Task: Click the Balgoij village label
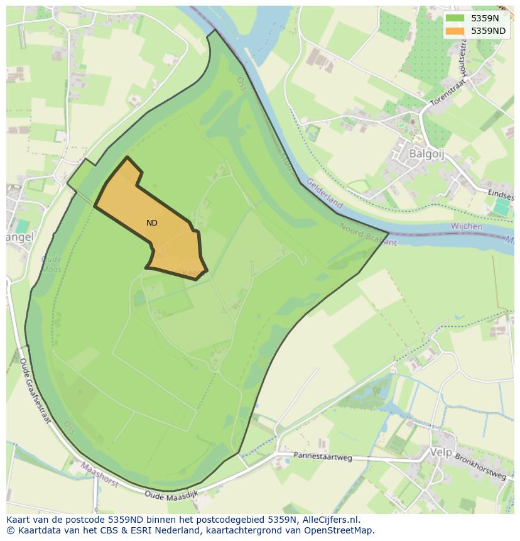426,154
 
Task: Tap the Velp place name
441,452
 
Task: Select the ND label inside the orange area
152,223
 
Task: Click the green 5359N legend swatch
455,18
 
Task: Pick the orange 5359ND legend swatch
455,31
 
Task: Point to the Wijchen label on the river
467,226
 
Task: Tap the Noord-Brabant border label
368,234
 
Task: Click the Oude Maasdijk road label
171,495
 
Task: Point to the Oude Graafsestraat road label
35,390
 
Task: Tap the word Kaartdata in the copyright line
38,530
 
